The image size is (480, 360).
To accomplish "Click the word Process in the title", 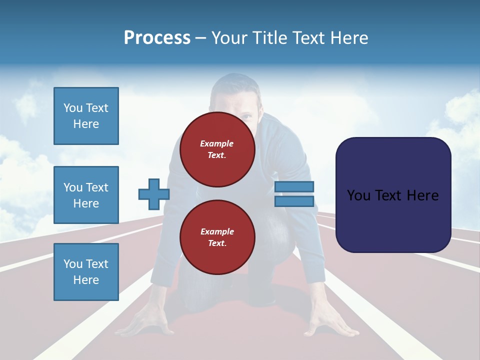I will (x=157, y=37).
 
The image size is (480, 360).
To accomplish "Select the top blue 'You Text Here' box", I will (x=86, y=116).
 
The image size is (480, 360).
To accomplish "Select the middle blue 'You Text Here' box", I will (x=86, y=195).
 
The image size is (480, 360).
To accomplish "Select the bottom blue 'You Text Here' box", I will (x=86, y=272).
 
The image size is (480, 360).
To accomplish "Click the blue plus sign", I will (x=153, y=194).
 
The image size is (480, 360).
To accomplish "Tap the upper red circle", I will (x=217, y=149).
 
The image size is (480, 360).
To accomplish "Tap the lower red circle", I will (x=217, y=237).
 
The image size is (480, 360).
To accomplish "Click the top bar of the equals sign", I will (x=294, y=186).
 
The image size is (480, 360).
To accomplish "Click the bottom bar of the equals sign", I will (x=294, y=201).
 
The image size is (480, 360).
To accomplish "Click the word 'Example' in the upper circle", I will (x=217, y=143).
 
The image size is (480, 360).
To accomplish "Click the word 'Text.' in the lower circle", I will (x=217, y=243).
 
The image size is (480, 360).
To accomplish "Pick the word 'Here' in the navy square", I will (x=422, y=195).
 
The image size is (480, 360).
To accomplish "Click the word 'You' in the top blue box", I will (x=72, y=108).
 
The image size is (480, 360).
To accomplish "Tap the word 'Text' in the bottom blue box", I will (x=97, y=264).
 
